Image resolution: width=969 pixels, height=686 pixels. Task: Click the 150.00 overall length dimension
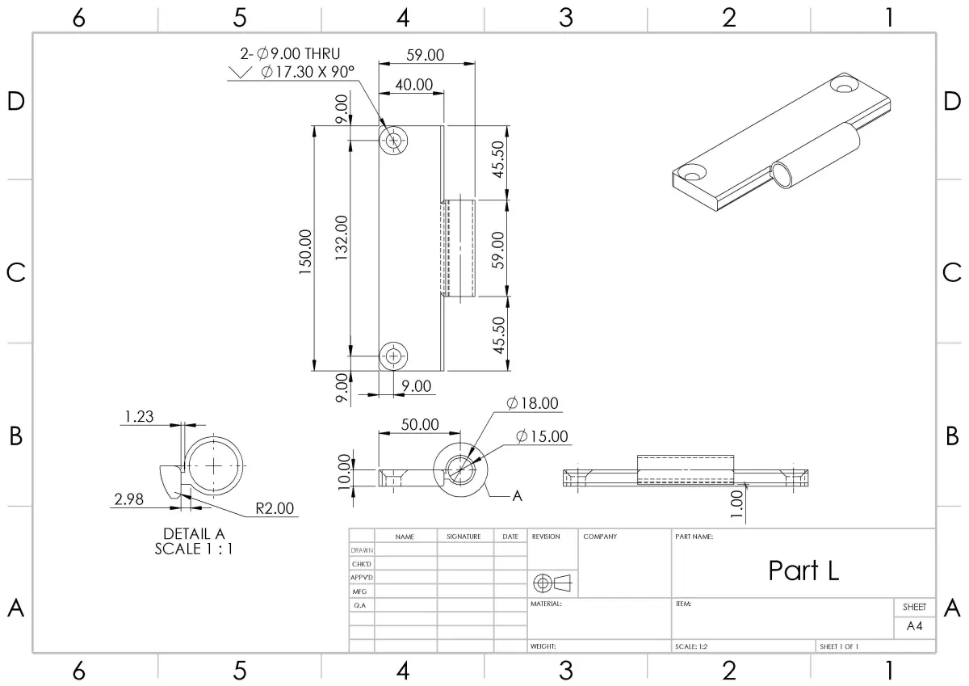(305, 251)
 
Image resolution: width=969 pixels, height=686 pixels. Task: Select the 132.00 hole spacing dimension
(342, 238)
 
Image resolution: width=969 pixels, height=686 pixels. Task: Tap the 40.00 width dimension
(414, 84)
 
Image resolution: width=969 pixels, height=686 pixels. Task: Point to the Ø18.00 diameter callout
(532, 403)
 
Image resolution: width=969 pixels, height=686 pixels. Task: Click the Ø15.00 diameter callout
(542, 436)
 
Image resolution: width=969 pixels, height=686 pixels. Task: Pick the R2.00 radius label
(275, 508)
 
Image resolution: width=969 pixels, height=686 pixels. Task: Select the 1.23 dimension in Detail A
(139, 416)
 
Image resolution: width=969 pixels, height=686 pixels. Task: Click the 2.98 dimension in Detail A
(128, 499)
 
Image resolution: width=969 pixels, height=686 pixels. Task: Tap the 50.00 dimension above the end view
(420, 424)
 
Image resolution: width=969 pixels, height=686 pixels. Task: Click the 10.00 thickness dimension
(344, 472)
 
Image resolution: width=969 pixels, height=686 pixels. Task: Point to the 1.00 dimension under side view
(736, 503)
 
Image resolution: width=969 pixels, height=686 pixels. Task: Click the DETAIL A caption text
(195, 533)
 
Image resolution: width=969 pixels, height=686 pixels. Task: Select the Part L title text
(803, 570)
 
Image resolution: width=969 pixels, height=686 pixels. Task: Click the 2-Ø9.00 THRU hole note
(290, 53)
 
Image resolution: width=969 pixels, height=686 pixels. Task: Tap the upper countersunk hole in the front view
(393, 141)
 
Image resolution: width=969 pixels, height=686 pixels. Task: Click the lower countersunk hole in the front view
(393, 356)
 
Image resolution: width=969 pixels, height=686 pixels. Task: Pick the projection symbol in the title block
(552, 583)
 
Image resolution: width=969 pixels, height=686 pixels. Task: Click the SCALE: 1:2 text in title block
(691, 646)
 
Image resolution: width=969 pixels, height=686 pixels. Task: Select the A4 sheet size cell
(914, 626)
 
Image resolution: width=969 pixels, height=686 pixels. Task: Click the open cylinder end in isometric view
(782, 175)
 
